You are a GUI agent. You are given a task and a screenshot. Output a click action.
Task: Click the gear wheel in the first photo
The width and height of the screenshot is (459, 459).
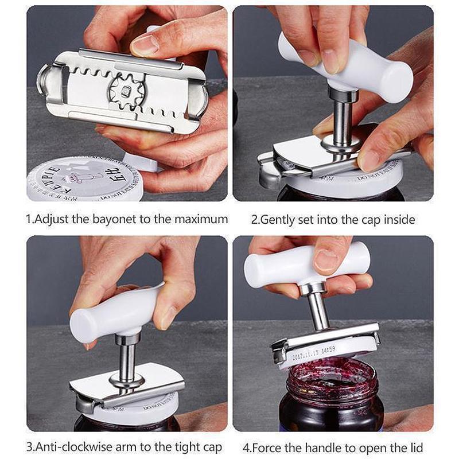click(x=125, y=91)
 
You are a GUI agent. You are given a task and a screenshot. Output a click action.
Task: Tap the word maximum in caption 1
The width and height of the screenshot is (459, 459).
click(x=203, y=219)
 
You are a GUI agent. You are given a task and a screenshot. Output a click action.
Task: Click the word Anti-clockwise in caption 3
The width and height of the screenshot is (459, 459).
click(x=69, y=447)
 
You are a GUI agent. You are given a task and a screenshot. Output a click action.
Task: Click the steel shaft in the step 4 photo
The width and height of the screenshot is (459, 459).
click(x=317, y=310)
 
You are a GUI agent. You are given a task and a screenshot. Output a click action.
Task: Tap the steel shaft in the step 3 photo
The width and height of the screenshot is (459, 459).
click(x=127, y=359)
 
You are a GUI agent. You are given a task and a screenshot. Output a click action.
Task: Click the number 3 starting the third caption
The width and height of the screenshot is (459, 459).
click(x=29, y=447)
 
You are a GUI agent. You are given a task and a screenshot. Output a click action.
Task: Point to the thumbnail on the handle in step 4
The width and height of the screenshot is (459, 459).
click(x=325, y=261)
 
